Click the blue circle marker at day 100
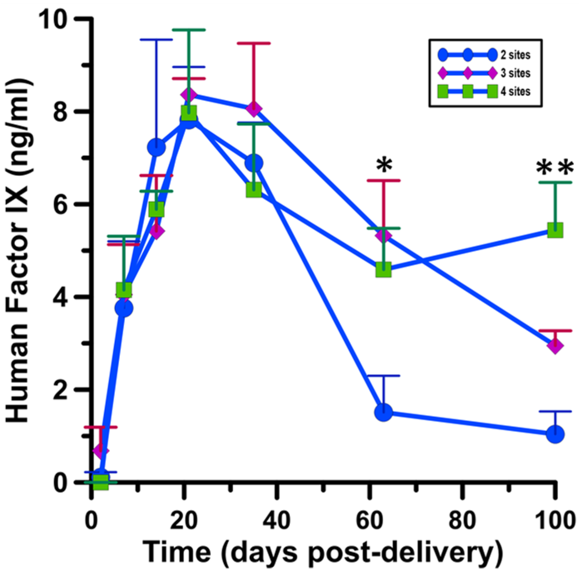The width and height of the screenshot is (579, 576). pyautogui.click(x=555, y=434)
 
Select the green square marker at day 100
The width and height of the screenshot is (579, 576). pyautogui.click(x=555, y=229)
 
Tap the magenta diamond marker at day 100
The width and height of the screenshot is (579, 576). pyautogui.click(x=555, y=346)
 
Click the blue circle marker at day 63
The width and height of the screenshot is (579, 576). pyautogui.click(x=383, y=412)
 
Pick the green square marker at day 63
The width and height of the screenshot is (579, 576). pyautogui.click(x=383, y=269)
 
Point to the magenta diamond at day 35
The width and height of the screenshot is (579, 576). pyautogui.click(x=254, y=109)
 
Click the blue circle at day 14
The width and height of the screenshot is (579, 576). pyautogui.click(x=156, y=148)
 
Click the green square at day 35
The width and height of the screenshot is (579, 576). pyautogui.click(x=254, y=190)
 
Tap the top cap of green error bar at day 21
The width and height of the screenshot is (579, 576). pyautogui.click(x=189, y=30)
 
